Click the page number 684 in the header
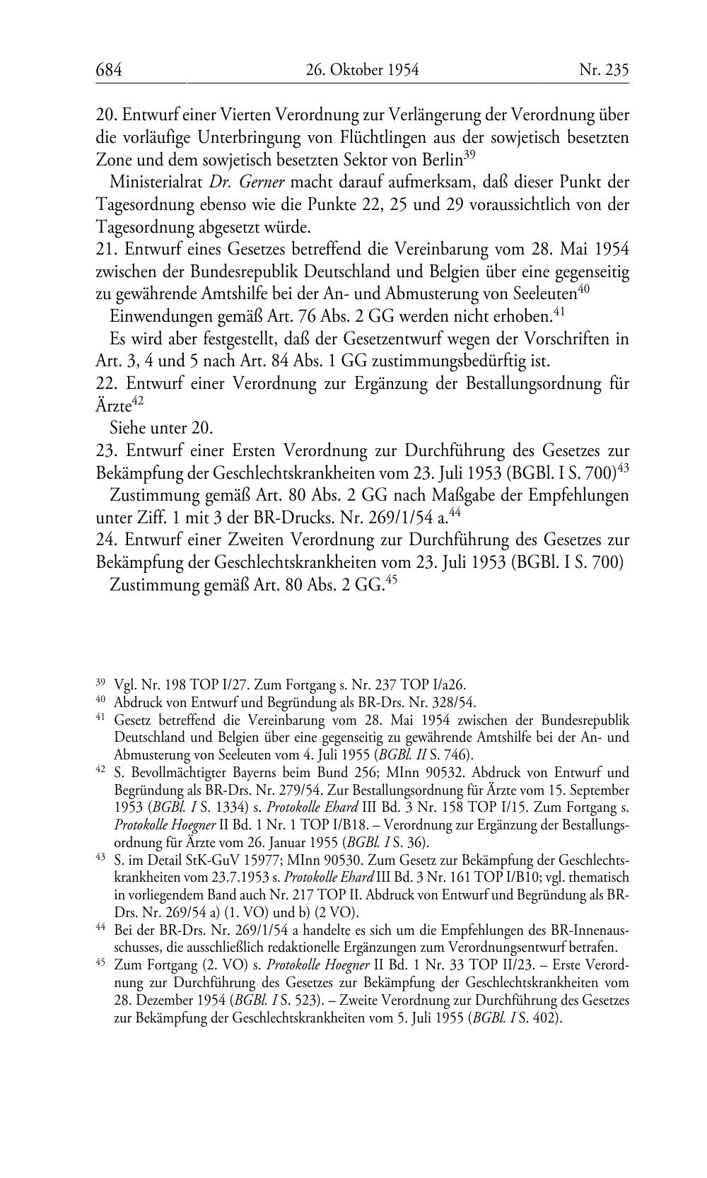point(110,69)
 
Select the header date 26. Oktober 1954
point(362,69)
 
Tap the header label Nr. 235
point(603,69)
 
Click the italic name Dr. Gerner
point(247,182)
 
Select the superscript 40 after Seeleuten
point(584,288)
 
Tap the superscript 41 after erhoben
point(558,310)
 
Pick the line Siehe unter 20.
point(161,428)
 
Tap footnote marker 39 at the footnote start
point(100,683)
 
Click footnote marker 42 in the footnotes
point(100,770)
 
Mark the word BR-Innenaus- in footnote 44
point(584,930)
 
